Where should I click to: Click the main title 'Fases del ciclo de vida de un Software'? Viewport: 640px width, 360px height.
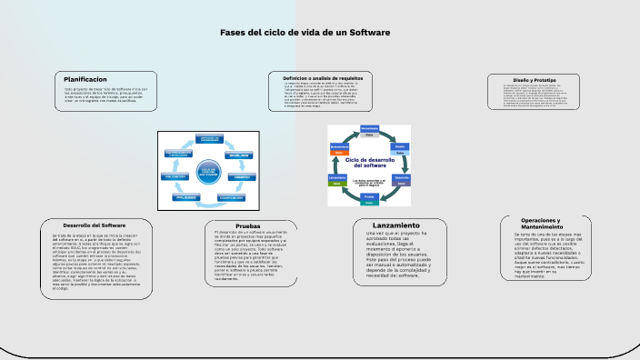pos(305,33)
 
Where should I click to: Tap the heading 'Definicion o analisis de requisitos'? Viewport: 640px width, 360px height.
pos(323,78)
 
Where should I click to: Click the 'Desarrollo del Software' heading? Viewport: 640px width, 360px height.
pos(94,225)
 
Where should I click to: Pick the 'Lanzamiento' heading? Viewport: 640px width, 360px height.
pos(396,225)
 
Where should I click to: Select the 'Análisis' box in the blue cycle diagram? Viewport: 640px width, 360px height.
pos(240,155)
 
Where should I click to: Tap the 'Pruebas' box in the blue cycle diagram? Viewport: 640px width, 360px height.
pos(185,196)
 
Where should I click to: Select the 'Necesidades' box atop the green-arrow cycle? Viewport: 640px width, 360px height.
pos(369,130)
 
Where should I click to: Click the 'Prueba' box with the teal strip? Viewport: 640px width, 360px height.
pos(369,197)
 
